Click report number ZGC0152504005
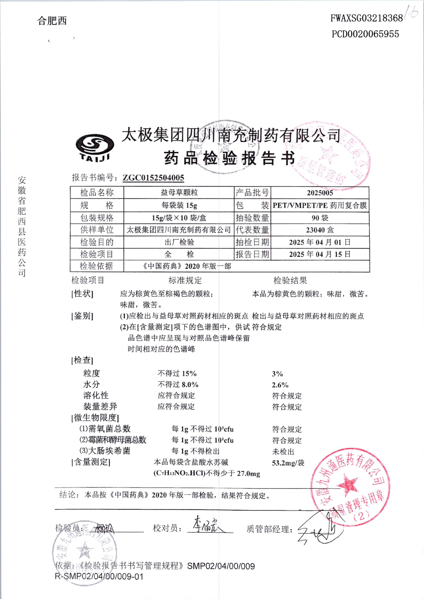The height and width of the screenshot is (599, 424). click(153, 178)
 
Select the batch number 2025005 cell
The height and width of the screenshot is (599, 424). click(320, 193)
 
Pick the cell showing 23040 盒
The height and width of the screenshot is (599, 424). click(320, 230)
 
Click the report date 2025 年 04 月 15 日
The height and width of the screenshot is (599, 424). click(320, 254)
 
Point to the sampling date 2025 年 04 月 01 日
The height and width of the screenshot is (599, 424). click(320, 242)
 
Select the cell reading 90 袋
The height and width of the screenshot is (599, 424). click(320, 218)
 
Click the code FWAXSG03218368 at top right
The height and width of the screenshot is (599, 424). click(366, 18)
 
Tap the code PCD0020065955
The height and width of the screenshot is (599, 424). click(365, 34)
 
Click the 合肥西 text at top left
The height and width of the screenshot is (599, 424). click(52, 21)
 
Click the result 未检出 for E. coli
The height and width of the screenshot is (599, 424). click(283, 452)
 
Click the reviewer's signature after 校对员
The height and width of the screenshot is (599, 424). click(206, 525)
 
